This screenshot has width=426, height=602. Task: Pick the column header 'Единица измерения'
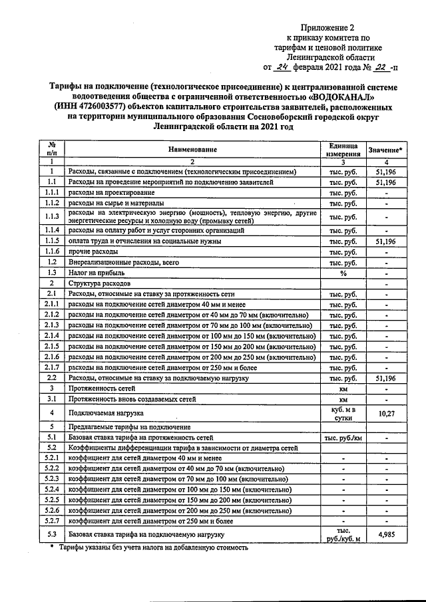coord(343,150)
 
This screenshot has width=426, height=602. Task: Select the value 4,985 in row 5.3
coord(386,534)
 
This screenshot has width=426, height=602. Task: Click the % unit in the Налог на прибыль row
coord(343,273)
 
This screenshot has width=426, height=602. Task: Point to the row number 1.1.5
coord(51,240)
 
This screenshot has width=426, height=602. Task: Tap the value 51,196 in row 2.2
coord(386,377)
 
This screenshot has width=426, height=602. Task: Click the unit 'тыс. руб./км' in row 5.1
coord(343,438)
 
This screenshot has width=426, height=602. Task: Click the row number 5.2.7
coord(51,521)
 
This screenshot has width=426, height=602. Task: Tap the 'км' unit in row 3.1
coord(343,398)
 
